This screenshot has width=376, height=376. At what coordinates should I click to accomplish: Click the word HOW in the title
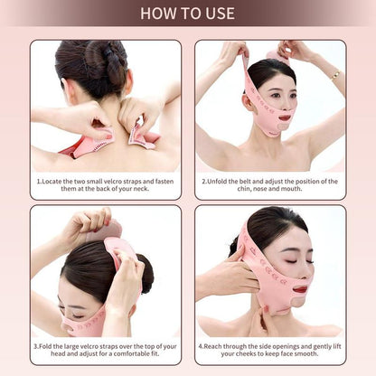(156, 13)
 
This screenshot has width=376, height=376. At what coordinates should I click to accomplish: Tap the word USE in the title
(218, 13)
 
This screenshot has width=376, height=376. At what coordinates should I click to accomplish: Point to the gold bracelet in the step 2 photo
(334, 73)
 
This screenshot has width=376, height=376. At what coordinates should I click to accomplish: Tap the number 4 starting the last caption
(201, 344)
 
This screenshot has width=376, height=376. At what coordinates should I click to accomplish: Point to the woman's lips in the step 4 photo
(300, 289)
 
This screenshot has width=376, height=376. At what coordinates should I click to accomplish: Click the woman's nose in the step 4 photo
(304, 272)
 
